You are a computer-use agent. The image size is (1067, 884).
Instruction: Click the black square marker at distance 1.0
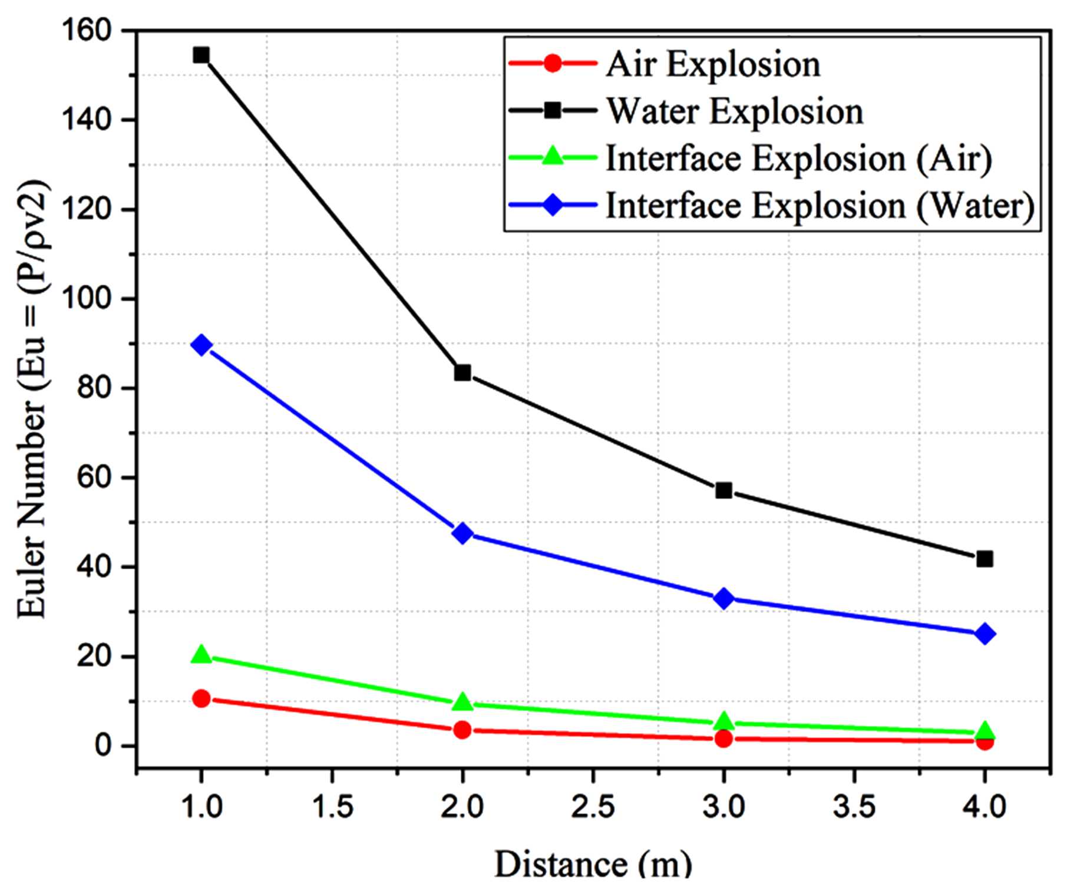(x=201, y=55)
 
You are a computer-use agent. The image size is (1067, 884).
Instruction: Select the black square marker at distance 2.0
(x=463, y=372)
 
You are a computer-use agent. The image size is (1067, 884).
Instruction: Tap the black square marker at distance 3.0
(x=724, y=490)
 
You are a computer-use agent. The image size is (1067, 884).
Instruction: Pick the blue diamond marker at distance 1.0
(x=201, y=345)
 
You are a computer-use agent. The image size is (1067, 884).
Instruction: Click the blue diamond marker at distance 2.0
(x=463, y=533)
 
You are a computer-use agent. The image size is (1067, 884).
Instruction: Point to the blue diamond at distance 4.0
(x=985, y=634)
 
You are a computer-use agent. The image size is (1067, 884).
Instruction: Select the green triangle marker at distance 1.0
(x=201, y=654)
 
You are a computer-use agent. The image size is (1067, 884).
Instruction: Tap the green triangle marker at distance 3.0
(x=724, y=721)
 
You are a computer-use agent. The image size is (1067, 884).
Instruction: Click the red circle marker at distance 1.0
(x=201, y=698)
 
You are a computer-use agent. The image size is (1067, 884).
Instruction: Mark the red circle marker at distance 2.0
(x=463, y=730)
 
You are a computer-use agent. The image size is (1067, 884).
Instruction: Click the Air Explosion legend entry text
(x=713, y=64)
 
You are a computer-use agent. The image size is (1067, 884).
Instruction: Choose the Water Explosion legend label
(x=735, y=111)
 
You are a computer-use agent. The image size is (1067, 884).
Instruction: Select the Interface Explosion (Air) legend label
(x=799, y=159)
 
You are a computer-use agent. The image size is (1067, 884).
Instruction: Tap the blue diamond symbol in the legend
(x=553, y=206)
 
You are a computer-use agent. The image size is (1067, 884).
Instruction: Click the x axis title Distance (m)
(x=593, y=864)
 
